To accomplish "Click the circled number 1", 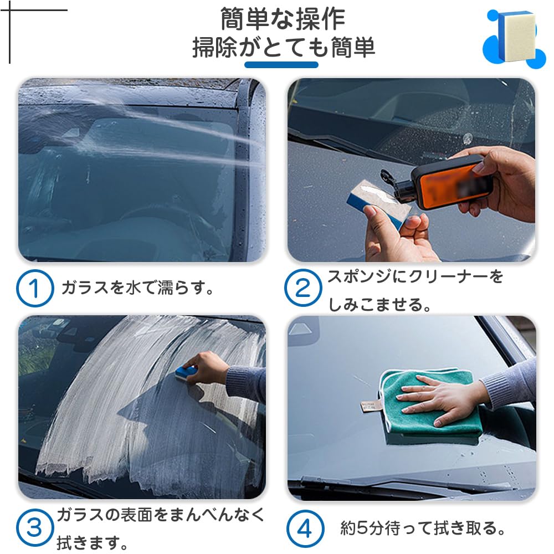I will click(35, 288).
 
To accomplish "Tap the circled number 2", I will click(303, 288).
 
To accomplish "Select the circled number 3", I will click(35, 527).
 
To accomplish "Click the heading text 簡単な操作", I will click(283, 19).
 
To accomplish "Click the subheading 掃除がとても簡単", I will click(284, 48).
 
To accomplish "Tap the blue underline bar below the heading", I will click(281, 65).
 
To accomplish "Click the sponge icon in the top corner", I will click(515, 36).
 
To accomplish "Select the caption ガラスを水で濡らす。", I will click(137, 288).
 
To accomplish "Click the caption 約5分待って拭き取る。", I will click(423, 529).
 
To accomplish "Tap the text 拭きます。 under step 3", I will click(93, 541).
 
